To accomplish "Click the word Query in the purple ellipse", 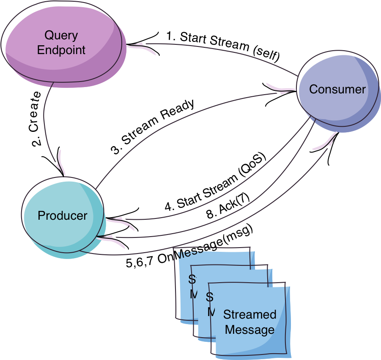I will click(x=61, y=35).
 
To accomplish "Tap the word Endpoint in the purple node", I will click(x=61, y=50).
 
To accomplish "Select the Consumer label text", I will click(x=337, y=89).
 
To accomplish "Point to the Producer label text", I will click(x=62, y=215).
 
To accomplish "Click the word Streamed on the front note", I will click(x=249, y=314).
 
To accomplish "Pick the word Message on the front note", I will click(x=249, y=330).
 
